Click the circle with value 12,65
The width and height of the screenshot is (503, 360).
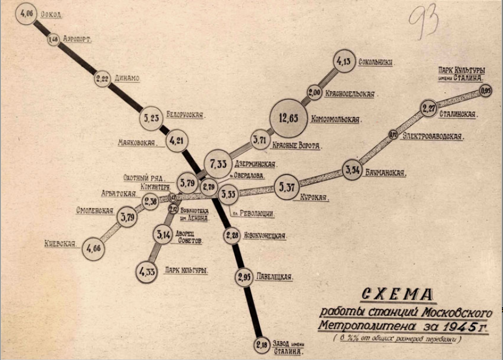point(289,118)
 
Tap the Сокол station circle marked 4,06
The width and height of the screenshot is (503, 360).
point(27,14)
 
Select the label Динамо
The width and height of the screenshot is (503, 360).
point(127,78)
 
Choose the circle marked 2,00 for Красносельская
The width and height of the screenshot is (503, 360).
point(314,93)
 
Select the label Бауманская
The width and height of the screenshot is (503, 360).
point(385,173)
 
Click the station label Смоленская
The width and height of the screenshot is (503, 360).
point(95,211)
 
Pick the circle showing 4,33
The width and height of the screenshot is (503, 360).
point(147,272)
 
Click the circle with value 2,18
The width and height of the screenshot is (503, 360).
point(262,345)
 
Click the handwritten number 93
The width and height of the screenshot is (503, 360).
point(424,21)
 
